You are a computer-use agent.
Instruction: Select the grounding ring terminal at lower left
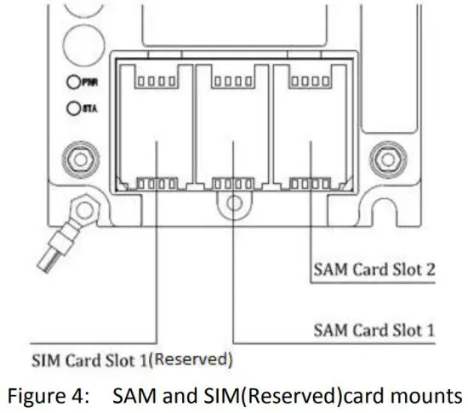(83, 206)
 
